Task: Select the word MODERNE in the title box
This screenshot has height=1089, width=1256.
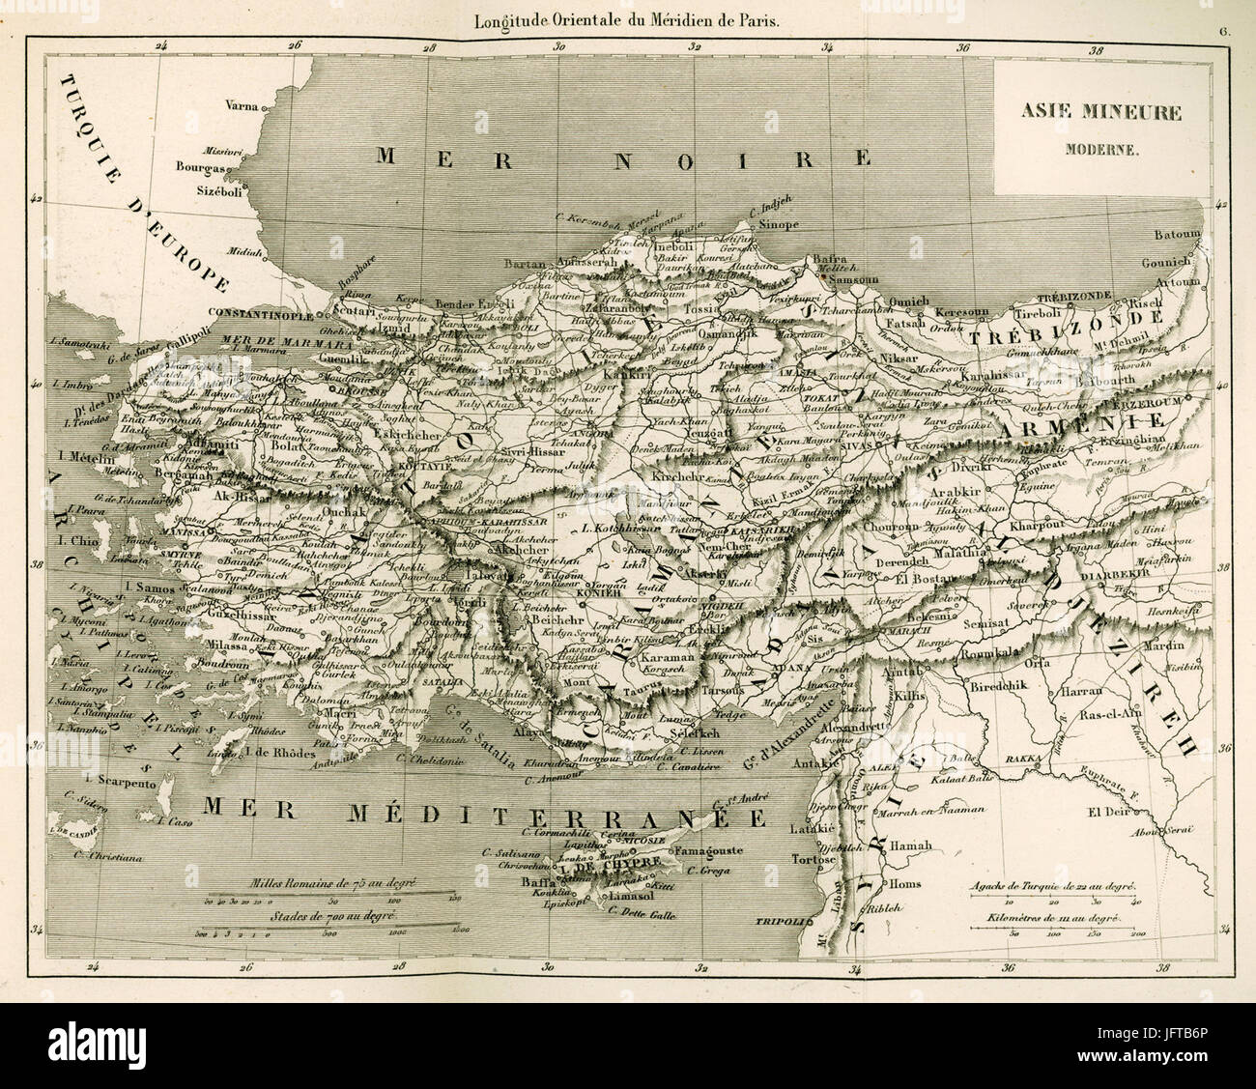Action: click(x=1101, y=150)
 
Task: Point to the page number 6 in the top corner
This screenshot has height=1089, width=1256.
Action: click(x=1222, y=7)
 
